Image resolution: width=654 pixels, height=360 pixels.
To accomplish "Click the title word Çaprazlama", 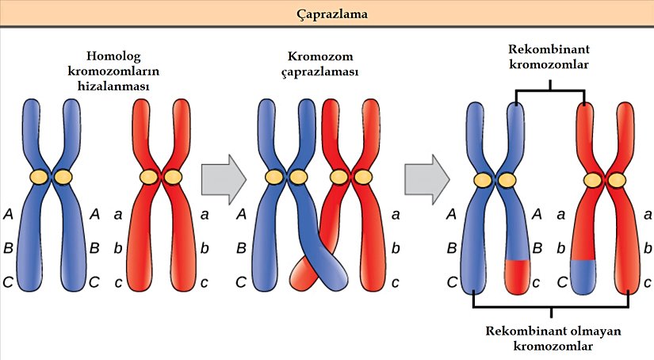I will click(326, 14).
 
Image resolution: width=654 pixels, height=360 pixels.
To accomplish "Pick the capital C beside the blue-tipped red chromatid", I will click(560, 281).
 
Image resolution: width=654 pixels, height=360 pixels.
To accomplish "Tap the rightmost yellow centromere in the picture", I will click(617, 180).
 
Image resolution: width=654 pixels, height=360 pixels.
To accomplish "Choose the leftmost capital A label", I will click(9, 213).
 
